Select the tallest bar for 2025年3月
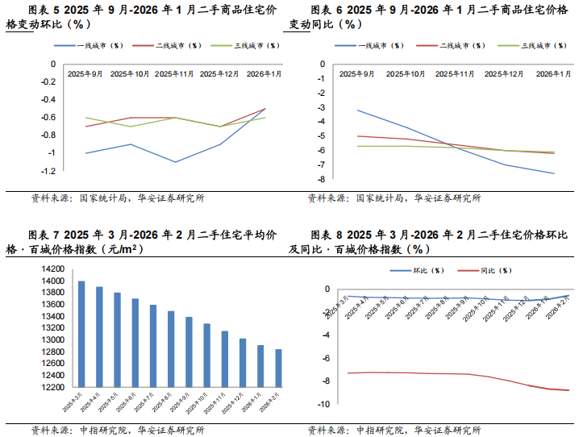pos(81,334)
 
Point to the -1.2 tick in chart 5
pos(47,171)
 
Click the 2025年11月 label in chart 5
pos(174,74)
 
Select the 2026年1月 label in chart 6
pos(554,74)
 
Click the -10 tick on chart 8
pos(324,404)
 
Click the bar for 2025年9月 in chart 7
pos(190,352)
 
